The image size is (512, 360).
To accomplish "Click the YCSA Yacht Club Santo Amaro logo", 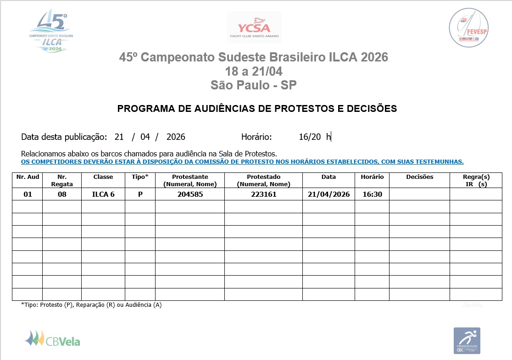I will pos(254,27).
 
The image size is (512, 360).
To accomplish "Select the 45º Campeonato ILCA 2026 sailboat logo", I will pos(52,32).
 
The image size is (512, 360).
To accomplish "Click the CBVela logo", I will pos(52,339).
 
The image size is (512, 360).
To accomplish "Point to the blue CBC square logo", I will pos(467,340).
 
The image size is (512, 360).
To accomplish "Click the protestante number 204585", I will pos(190,194).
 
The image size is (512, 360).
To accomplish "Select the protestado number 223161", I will pos(263,194).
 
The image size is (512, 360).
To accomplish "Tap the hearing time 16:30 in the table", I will pos(372,194).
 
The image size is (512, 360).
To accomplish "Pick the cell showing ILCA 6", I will pos(103,194).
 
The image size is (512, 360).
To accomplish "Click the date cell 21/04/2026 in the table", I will pos(328,194).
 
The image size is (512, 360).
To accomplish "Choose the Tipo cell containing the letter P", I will pos(140,194).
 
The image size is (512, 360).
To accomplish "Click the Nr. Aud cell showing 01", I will pos(28,194).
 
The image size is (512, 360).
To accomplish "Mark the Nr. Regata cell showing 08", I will pos(62,194).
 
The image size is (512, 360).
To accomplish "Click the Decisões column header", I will pos(419,177).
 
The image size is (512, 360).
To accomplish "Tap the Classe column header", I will pos(103,177).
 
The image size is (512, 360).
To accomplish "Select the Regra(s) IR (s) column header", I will pos(476,180).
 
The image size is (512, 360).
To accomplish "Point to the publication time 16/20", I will pos(310,137).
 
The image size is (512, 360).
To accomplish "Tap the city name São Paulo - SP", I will pos(254,85).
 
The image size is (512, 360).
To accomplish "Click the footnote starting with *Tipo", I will pos(91,305).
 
